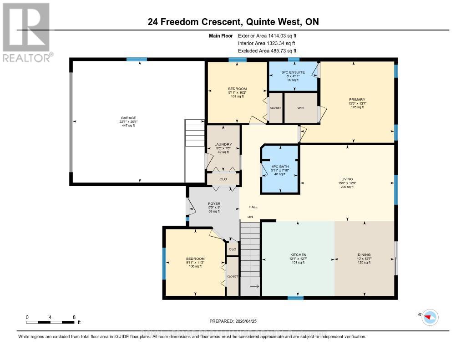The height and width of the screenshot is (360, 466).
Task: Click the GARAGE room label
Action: coord(127,117)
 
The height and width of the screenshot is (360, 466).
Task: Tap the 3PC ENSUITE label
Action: coord(293,72)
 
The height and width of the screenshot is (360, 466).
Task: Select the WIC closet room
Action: coord(300,108)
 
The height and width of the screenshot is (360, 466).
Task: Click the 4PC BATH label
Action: coord(280,167)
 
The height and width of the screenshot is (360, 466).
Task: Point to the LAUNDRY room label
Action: coord(223,145)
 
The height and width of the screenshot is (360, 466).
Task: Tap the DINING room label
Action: coord(364,254)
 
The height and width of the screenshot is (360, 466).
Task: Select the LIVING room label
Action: coord(347,179)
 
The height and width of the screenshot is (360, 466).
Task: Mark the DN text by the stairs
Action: coord(250,217)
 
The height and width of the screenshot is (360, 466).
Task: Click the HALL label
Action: coord(253,207)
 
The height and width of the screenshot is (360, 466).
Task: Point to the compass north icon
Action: coord(430,317)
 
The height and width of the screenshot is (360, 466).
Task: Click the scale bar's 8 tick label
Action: coord(74,317)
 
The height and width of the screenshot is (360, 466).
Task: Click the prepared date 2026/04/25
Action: coord(233,321)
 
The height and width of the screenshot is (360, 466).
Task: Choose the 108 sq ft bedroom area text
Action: coord(194,266)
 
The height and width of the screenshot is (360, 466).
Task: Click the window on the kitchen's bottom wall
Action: coord(295,298)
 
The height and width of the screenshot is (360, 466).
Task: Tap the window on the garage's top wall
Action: coord(137,59)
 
